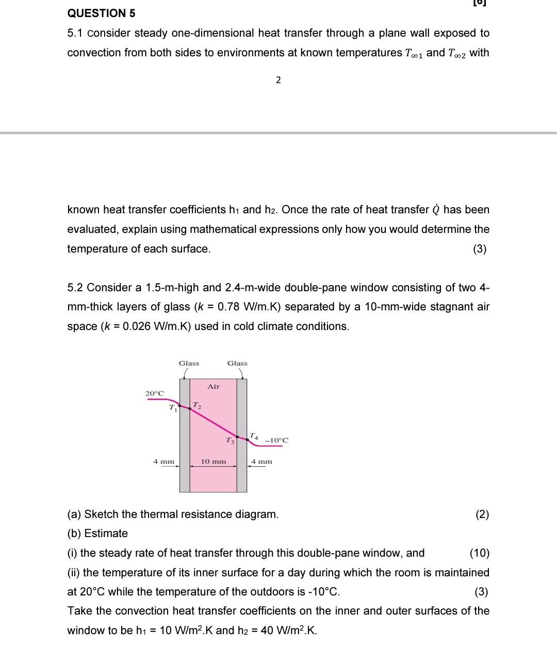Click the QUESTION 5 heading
pos(101,13)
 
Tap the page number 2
pos(278,80)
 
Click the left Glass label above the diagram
pos(189,364)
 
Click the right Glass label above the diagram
pos(237,364)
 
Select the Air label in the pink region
pos(214,386)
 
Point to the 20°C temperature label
pos(155,394)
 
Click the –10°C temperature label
pos(277,440)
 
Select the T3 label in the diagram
pos(230,440)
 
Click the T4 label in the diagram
pos(254,436)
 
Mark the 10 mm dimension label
pos(214,461)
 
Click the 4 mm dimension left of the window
pos(163,461)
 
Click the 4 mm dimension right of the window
pos(261,461)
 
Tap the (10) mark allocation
pos(480,553)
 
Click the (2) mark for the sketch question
pos(482,514)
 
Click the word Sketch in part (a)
pos(102,514)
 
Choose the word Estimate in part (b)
pos(106,533)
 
